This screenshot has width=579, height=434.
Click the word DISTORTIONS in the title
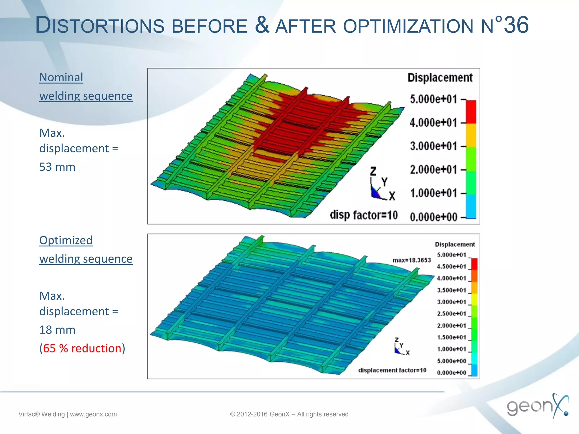coord(100,25)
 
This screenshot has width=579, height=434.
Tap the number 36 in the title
coord(516,25)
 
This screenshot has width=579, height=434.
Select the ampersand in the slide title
coord(262,25)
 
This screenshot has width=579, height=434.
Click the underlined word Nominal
coord(61,77)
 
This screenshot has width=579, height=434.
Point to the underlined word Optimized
coord(66,240)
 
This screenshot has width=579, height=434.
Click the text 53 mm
coord(57,167)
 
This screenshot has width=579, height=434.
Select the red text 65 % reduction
coord(82,348)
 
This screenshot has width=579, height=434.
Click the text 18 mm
coord(57,330)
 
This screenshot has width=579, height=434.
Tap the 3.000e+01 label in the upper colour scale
coord(433,146)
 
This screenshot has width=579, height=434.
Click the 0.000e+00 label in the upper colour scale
coord(433,217)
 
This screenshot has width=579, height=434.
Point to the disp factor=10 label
coord(364,215)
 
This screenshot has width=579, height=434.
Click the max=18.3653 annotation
coord(412,260)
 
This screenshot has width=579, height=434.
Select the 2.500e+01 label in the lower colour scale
coord(451,314)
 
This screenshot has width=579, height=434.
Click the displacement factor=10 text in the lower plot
coord(392,370)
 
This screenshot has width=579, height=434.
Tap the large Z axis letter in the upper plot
coord(373,171)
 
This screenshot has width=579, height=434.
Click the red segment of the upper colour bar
coord(471,112)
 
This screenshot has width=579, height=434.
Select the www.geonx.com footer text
coord(93,414)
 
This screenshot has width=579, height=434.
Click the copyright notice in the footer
coord(289,414)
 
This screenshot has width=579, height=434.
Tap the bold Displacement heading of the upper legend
coord(440,78)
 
